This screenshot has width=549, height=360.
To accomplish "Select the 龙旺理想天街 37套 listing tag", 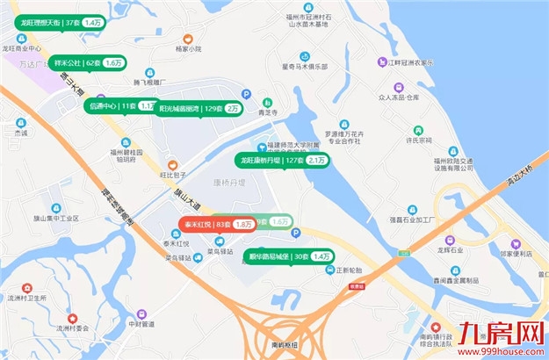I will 60,20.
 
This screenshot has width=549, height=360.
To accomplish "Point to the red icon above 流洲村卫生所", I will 27,288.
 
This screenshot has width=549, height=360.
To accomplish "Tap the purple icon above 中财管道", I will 141,314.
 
